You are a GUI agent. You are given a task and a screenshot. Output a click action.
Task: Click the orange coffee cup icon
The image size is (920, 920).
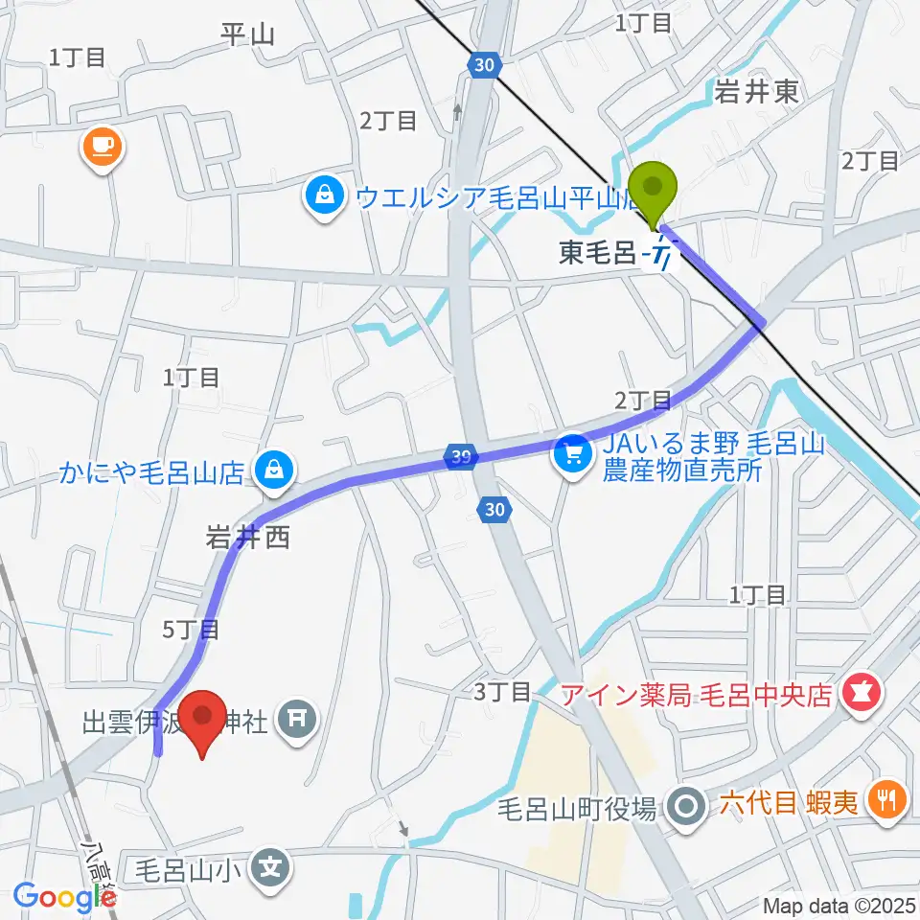[102, 147]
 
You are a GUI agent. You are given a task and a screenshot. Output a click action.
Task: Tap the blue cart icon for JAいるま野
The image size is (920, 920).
[573, 450]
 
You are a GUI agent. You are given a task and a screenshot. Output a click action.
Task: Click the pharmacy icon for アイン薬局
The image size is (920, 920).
[859, 694]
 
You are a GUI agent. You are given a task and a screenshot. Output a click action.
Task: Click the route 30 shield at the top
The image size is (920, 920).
[485, 64]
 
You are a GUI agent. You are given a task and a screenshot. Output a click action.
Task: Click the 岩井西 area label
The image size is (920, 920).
[247, 540]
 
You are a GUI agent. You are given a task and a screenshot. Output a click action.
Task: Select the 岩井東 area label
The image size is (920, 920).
[755, 91]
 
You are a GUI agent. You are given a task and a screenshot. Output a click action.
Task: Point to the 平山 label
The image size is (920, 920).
[247, 35]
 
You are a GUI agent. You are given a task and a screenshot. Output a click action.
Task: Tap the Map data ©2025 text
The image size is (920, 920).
[839, 905]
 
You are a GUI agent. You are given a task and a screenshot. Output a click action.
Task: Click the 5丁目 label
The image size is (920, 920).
[192, 630]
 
